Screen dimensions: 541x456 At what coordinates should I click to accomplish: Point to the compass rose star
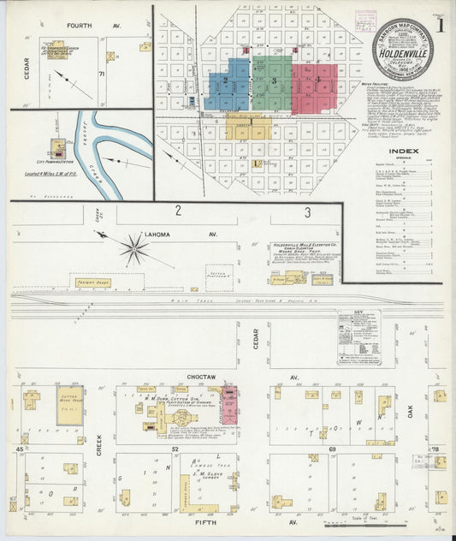point(133,251)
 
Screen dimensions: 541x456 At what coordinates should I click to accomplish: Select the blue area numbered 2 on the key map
point(228,84)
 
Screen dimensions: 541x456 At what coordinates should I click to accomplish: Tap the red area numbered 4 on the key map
point(317,82)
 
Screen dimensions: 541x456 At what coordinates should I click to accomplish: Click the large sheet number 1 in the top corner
point(441,25)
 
